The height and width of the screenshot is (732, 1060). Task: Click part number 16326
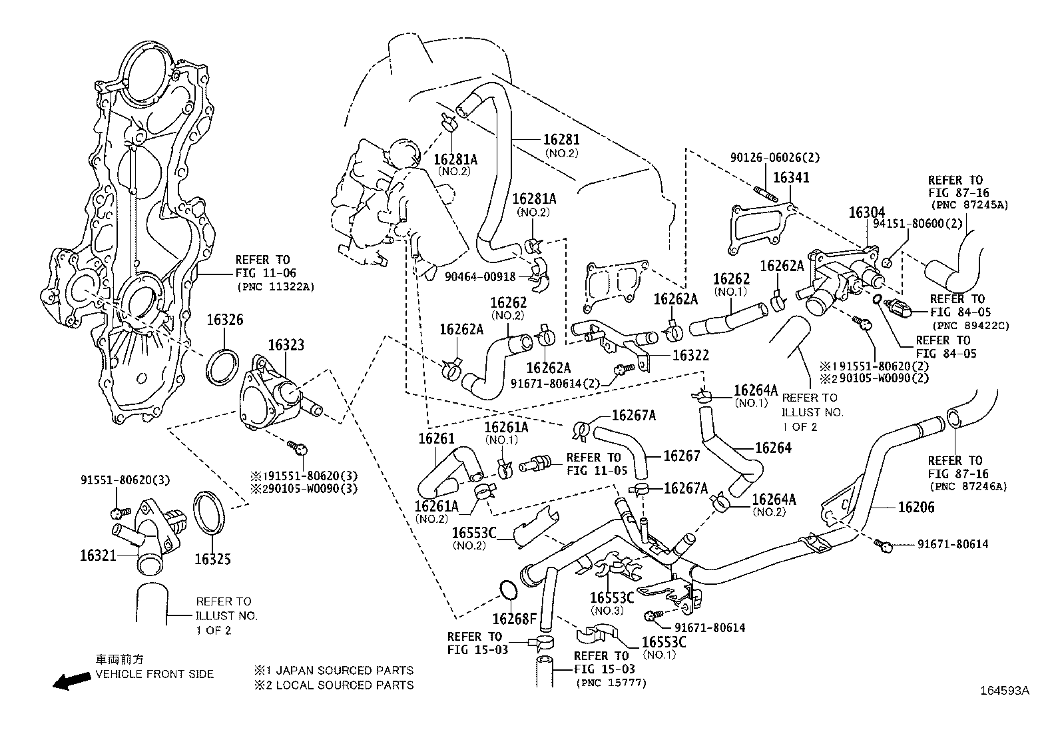[x=224, y=320]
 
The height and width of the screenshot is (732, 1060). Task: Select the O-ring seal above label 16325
[x=212, y=512]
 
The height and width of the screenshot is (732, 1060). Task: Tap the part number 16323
[x=286, y=345]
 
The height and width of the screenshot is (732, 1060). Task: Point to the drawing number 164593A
[x=1005, y=691]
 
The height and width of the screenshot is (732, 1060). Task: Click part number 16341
[x=792, y=177]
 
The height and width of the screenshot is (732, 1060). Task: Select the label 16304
[x=866, y=212]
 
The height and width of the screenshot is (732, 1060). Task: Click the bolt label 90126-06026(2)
[x=775, y=158]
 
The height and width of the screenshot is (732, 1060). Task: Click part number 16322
[x=690, y=356]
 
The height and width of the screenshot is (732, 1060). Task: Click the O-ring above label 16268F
[x=509, y=590]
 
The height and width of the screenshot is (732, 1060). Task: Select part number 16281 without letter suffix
[x=561, y=140]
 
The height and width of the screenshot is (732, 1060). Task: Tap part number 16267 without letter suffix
[x=682, y=456]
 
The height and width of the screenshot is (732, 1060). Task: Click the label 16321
[x=99, y=555]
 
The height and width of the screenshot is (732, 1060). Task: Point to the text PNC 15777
[x=611, y=683]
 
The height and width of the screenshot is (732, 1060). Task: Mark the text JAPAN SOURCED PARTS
[x=344, y=670]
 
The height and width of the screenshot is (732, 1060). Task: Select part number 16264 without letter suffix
[x=773, y=448]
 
